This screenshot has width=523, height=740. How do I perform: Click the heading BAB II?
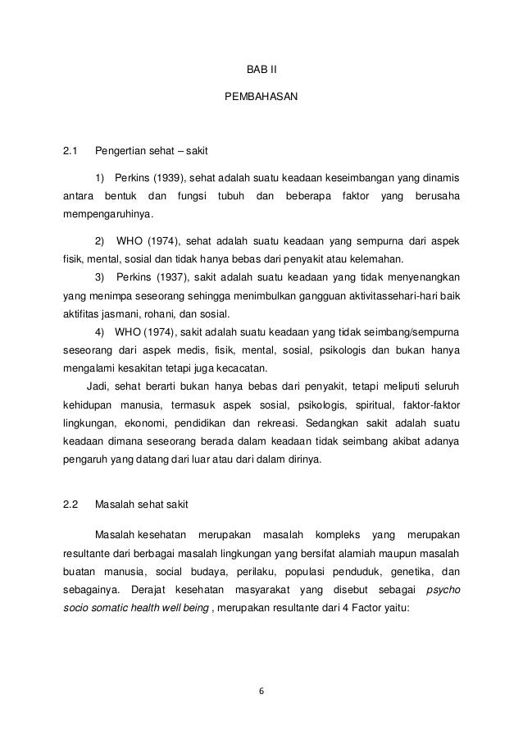pyautogui.click(x=261, y=68)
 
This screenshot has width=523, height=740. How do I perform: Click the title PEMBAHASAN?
pyautogui.click(x=261, y=98)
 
